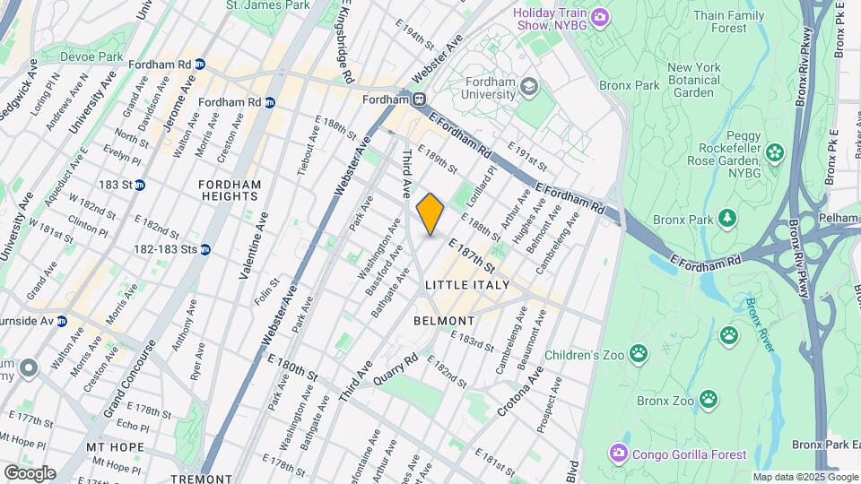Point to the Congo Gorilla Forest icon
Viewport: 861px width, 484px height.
618,454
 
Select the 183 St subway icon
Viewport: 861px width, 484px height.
139,185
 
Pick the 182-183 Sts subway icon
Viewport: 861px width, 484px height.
205,249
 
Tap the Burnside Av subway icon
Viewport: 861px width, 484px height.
61,320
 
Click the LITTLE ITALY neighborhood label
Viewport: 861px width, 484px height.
466,285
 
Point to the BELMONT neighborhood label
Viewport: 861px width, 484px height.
444,320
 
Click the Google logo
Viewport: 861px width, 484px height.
29,473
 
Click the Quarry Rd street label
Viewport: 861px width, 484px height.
396,368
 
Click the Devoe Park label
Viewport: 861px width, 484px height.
91,56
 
